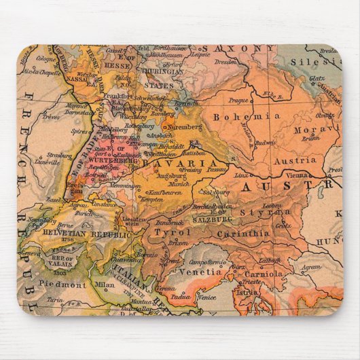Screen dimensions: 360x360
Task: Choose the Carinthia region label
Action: point(244,234)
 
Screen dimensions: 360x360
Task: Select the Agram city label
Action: point(310,267)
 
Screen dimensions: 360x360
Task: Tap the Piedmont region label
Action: point(62,285)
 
